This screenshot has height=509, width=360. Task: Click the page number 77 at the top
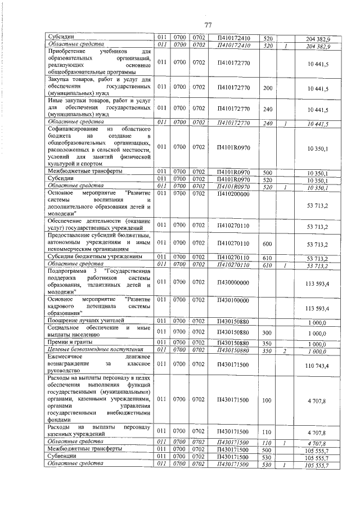[x=207, y=25]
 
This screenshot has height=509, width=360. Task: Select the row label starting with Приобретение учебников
[x=98, y=62]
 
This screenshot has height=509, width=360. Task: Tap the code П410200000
[x=232, y=193]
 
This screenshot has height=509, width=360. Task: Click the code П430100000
[x=232, y=300]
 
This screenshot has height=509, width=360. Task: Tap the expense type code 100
[x=267, y=400]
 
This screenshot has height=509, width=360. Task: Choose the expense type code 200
[x=267, y=88]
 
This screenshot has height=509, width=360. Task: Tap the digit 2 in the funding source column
[x=286, y=350]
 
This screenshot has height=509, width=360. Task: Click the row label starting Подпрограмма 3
[x=98, y=282]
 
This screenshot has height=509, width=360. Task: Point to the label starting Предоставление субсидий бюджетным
[x=98, y=242]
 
